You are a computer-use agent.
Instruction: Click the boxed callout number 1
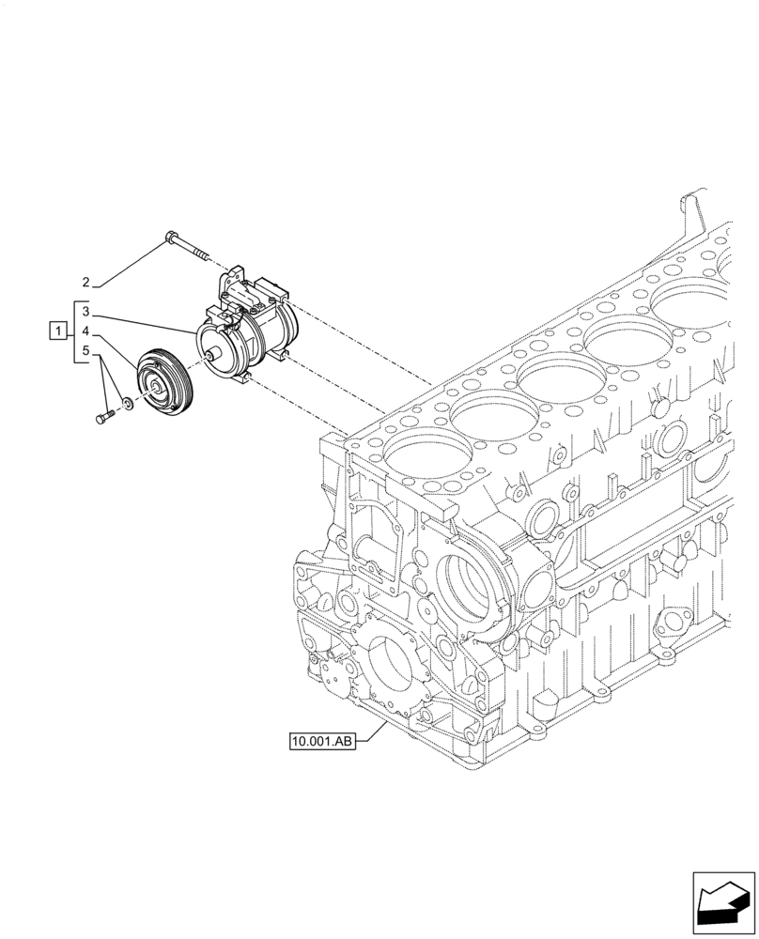point(58,331)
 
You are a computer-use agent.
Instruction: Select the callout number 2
point(85,283)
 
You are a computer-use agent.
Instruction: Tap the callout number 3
point(85,311)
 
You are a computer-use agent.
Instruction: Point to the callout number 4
point(85,331)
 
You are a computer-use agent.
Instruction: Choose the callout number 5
point(85,352)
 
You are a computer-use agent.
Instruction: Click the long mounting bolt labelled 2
point(189,243)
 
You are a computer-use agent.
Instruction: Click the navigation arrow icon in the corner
point(723,903)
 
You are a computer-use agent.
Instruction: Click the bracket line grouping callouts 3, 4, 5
point(73,331)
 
